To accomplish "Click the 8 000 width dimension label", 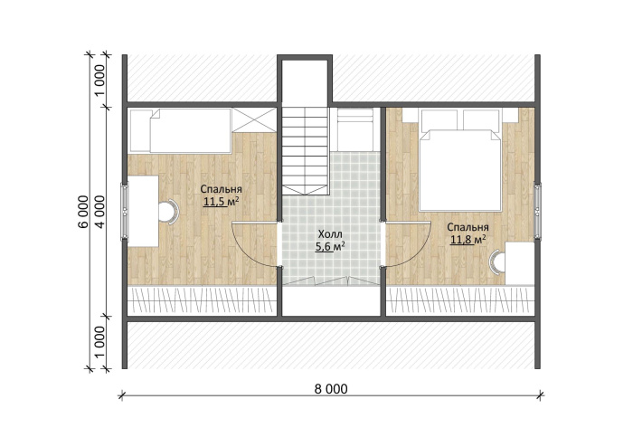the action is click(331, 388).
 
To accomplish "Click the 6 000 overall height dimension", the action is click(83, 212).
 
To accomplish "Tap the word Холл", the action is click(330, 233).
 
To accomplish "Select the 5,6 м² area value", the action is click(330, 246).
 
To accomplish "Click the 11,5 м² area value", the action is click(221, 201).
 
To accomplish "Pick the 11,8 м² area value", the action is click(468, 240).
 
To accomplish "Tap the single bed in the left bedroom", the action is click(191, 130).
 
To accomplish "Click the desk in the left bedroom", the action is click(143, 211).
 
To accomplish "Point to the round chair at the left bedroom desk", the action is click(168, 212).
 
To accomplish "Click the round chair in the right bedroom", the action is click(497, 262).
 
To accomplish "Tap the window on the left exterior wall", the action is click(125, 211).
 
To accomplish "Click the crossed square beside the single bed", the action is click(254, 119).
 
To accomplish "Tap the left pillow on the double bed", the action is click(439, 119).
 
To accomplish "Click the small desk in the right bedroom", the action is click(520, 263).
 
